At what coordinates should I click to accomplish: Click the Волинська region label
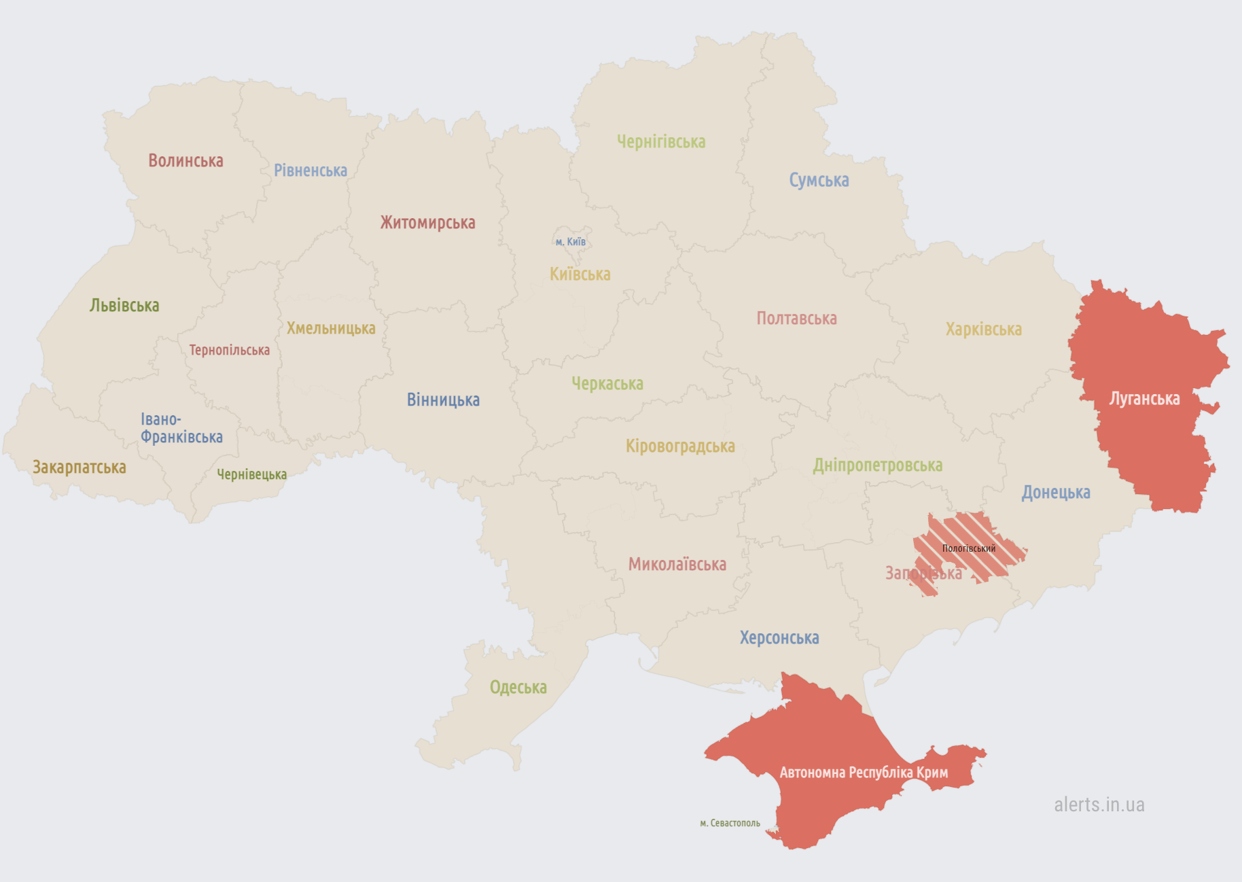185,161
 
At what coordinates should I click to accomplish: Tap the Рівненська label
310,171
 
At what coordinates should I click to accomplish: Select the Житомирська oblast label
427,223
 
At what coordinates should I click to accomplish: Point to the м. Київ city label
570,242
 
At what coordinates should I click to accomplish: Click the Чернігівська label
661,142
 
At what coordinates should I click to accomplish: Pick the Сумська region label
819,180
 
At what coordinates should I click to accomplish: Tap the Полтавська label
796,319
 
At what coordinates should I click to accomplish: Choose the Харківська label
983,330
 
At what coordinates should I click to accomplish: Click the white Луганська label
1144,399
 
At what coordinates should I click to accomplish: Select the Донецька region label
1055,493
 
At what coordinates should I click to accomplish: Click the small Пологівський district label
968,548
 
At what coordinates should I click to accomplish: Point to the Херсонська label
779,638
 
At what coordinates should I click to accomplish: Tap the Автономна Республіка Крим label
864,773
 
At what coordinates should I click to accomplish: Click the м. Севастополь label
730,823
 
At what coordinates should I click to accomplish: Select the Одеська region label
518,688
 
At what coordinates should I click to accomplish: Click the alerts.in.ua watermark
1099,805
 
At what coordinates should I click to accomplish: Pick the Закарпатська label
79,468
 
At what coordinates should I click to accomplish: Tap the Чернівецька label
251,474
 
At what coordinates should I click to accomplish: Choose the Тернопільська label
229,351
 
